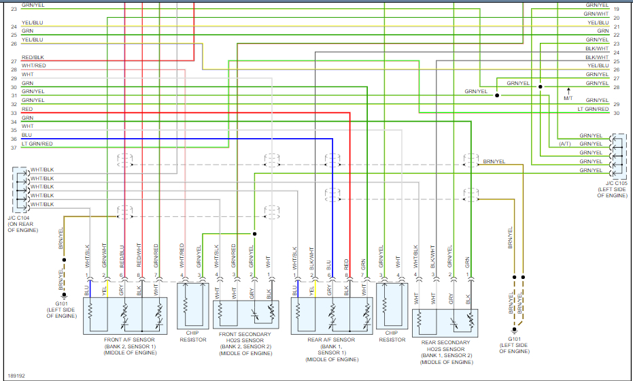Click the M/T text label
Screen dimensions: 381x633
coord(568,99)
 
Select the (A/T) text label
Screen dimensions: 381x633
coord(565,144)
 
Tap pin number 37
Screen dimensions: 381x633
coord(14,148)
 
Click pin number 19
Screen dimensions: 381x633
coord(616,9)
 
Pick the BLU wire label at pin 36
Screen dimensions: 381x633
coord(27,135)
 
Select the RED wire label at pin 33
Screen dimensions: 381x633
coord(27,109)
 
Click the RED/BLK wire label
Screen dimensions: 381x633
coord(33,57)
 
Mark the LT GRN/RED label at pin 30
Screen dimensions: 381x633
coord(593,109)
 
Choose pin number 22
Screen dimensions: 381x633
coord(616,35)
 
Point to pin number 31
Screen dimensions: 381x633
coord(14,95)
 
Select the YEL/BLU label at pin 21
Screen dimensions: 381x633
coord(598,22)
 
